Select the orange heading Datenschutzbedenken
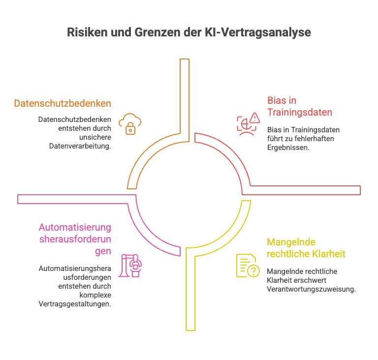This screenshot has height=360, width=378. (x=62, y=104)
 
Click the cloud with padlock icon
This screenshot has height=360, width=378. (x=130, y=123)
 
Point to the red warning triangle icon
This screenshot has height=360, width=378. (x=254, y=118)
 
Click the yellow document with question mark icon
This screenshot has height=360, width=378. (x=248, y=266)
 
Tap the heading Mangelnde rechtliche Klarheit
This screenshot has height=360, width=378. (x=306, y=248)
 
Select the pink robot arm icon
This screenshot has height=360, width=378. (x=132, y=265)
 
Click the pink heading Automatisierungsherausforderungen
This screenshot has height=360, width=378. (x=75, y=240)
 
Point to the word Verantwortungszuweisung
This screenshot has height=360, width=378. (x=311, y=289)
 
